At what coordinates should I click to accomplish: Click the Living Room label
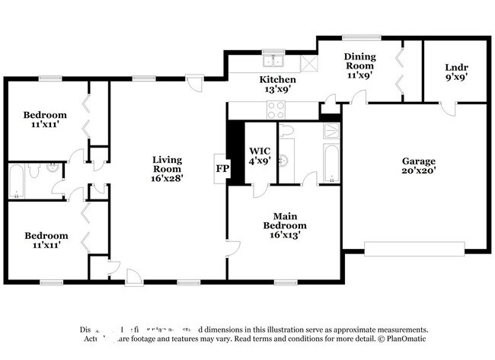pyautogui.click(x=167, y=168)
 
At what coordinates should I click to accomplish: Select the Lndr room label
pyautogui.click(x=455, y=72)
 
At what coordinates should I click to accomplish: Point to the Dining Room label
pyautogui.click(x=360, y=66)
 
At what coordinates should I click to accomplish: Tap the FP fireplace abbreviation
pyautogui.click(x=222, y=168)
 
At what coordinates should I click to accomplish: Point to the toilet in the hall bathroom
pyautogui.click(x=53, y=171)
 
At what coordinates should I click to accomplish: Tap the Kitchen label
pyautogui.click(x=277, y=84)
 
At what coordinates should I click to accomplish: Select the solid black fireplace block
pyautogui.click(x=236, y=152)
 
